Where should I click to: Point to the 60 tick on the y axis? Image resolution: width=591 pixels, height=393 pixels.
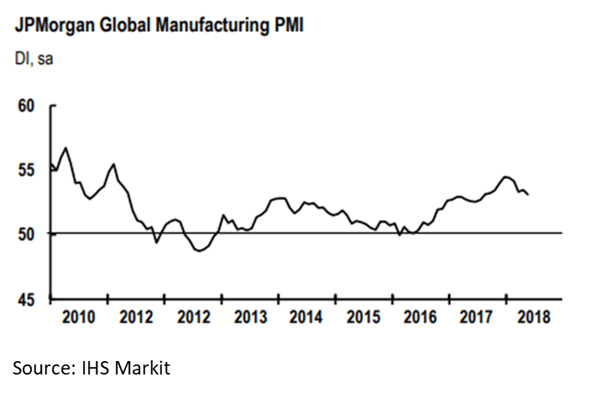coord(28,107)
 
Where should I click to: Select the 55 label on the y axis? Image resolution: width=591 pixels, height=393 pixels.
coord(28,170)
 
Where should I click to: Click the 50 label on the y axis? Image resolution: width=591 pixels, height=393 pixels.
coord(28,233)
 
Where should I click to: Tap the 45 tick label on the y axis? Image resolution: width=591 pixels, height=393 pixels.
coord(28,298)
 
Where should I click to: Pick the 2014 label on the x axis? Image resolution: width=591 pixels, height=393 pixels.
coord(306,317)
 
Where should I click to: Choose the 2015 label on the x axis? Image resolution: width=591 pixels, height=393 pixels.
coord(363,317)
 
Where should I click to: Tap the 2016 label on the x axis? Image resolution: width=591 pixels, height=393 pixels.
coord(419,317)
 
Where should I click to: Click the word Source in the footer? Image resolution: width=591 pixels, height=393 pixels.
coord(42,367)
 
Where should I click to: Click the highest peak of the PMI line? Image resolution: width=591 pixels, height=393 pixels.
coord(65,148)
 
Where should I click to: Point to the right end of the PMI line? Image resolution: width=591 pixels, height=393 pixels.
coord(528,195)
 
